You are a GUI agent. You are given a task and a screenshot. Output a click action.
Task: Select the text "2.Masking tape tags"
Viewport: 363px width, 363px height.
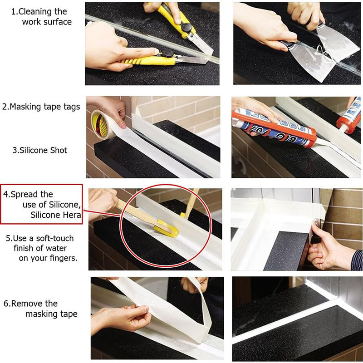coord(41,107)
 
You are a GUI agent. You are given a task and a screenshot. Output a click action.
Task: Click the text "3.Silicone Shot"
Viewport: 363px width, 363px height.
coord(39,150)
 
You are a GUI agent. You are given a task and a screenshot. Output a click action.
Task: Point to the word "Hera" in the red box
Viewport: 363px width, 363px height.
coord(72,215)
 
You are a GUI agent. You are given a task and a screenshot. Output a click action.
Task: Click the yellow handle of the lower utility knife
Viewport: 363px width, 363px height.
coord(148,61)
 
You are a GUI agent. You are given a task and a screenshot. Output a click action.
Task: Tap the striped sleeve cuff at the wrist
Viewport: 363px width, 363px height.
coord(357,260)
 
